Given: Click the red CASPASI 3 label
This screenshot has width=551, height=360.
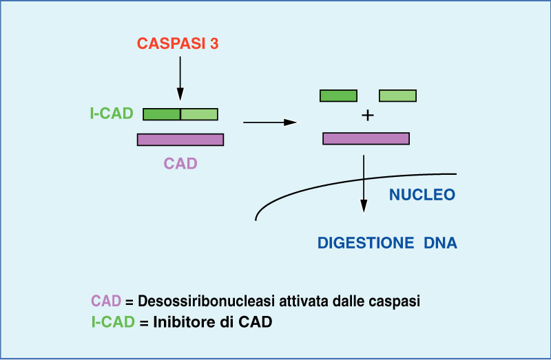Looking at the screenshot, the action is tap(178, 43).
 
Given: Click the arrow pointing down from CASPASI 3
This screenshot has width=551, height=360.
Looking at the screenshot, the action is tap(180, 78).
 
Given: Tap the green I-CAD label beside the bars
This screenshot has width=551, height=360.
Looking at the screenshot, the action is tap(112, 114).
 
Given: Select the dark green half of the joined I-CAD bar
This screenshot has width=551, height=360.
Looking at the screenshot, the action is tap(162, 114).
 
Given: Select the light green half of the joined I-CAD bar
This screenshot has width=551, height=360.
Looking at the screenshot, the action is tap(199, 114).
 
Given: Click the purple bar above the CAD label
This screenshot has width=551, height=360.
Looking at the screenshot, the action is tap(180, 140).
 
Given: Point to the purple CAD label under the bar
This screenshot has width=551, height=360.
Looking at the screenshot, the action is tap(180, 164).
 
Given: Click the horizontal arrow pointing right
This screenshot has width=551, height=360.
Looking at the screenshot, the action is tap(270, 123).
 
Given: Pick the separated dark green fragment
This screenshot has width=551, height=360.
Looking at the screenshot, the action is tap(338, 96).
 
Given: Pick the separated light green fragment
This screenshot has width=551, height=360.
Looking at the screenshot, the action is tap(398, 96).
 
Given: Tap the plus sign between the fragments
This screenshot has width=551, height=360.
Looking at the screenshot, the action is tap(368, 115).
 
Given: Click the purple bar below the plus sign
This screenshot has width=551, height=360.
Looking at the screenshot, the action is tap(366, 138).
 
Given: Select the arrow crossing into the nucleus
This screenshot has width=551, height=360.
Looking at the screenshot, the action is tap(364, 184).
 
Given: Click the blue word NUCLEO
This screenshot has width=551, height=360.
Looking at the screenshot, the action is tap(422, 195).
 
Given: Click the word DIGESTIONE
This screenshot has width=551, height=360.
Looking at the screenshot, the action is tap(366, 243).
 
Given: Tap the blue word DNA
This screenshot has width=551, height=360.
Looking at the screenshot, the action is tap(441, 243).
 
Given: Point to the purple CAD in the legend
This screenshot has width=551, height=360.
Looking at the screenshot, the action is tap(106, 301).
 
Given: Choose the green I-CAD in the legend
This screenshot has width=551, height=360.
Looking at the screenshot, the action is tap(113, 321).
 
